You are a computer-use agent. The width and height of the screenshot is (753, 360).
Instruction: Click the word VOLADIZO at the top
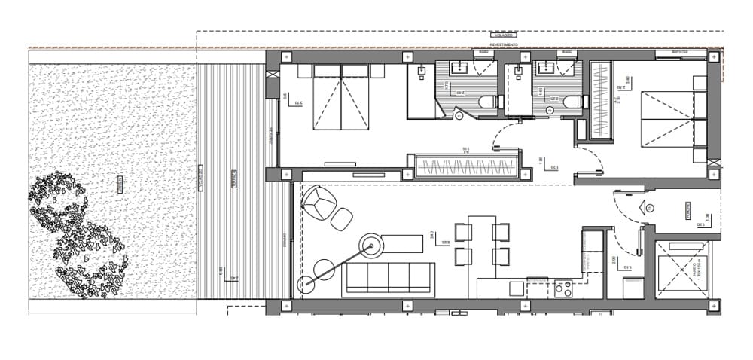point(502,35)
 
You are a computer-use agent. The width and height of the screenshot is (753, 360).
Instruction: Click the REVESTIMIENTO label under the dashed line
point(502,45)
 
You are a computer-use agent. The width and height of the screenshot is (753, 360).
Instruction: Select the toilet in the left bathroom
point(487,102)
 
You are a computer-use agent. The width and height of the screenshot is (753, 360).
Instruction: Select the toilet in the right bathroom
point(572,102)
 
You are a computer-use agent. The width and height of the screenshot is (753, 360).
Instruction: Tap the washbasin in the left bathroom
point(462,69)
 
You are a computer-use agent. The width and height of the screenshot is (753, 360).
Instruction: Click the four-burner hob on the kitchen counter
point(563,287)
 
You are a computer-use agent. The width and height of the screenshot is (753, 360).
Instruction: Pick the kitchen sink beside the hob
point(517,288)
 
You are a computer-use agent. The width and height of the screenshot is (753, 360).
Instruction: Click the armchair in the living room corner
point(320,201)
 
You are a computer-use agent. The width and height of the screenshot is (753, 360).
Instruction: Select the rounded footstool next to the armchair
point(342,219)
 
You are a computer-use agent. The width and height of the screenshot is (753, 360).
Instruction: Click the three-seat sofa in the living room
point(389,279)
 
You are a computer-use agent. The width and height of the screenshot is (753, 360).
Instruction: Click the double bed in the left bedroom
point(342,97)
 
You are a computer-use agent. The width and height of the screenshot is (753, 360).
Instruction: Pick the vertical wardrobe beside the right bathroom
point(601,98)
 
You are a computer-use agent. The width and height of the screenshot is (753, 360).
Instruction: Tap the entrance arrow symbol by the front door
point(645,206)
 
